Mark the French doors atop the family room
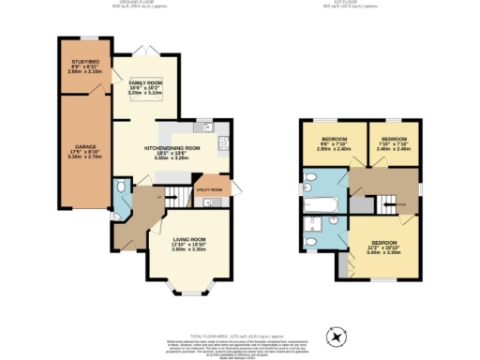(x=143, y=47)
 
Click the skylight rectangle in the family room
(x=145, y=89)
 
